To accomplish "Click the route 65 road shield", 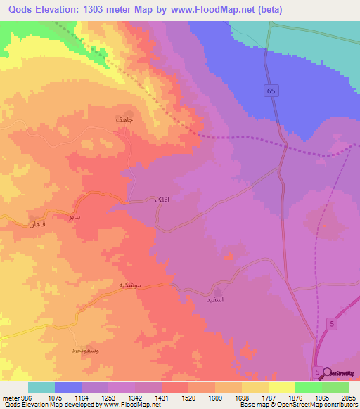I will pyautogui.click(x=271, y=89).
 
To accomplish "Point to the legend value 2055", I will pyautogui.click(x=349, y=397).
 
